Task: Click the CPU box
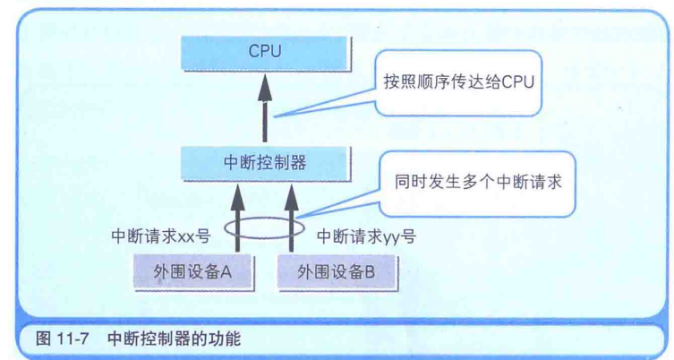point(265,52)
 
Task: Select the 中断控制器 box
point(265,162)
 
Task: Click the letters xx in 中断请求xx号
point(187,238)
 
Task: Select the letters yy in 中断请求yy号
point(393,238)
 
